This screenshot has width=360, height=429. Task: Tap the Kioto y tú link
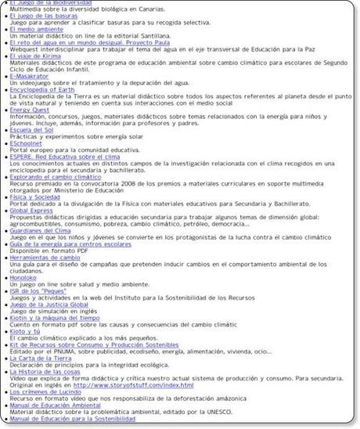point(28,333)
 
